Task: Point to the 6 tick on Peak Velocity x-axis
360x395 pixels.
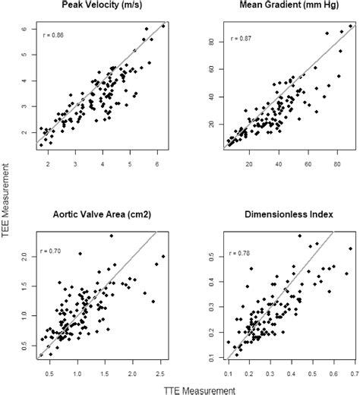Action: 157,163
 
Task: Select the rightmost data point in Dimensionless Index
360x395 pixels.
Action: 350,248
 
